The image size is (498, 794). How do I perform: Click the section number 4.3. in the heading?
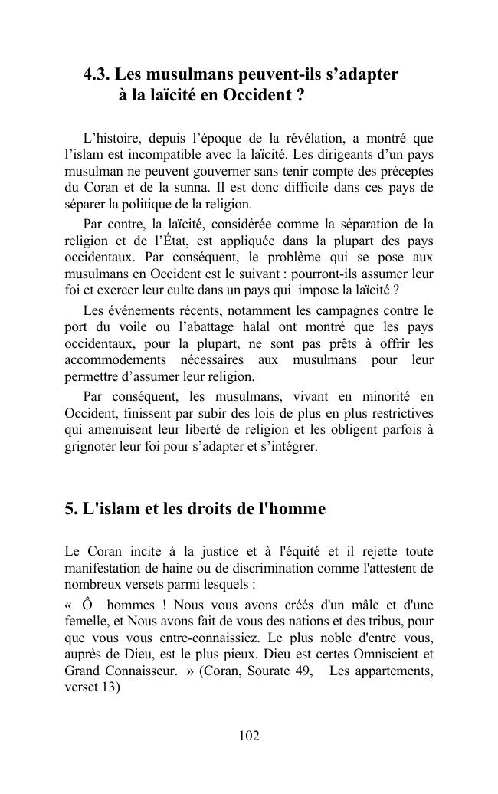click(97, 75)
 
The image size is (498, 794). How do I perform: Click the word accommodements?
click(113, 360)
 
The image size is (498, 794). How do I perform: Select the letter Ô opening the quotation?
click(88, 602)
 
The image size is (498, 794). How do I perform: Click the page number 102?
click(249, 737)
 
